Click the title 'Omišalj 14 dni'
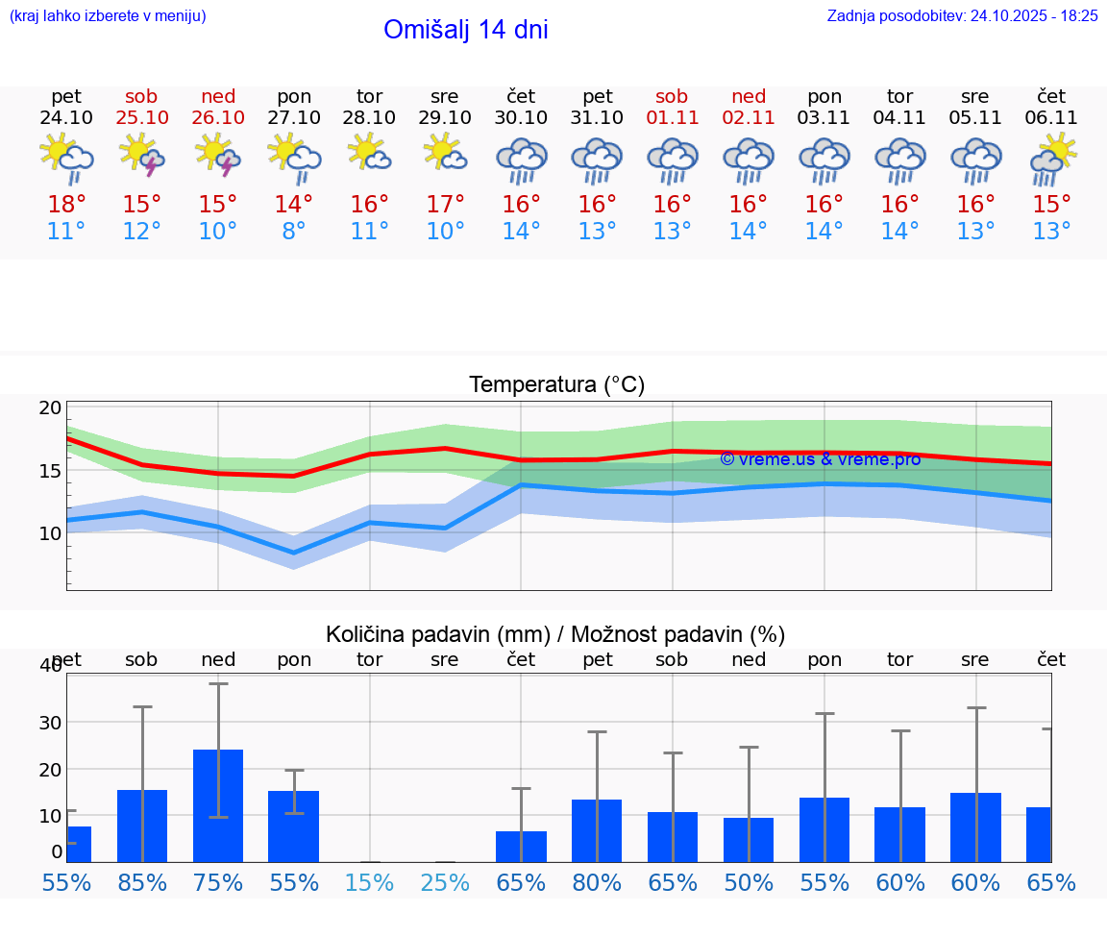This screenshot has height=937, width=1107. (466, 30)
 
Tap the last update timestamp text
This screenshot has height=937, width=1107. (962, 15)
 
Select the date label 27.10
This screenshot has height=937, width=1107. (294, 118)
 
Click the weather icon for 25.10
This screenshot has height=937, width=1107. (141, 156)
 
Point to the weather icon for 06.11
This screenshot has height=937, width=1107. (1052, 159)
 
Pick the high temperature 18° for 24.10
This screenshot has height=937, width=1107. (66, 205)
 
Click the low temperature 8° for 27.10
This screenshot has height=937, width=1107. (294, 232)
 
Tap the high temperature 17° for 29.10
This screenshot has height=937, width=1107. (445, 205)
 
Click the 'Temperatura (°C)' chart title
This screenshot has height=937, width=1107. (556, 385)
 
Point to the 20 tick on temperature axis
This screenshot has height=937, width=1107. (50, 407)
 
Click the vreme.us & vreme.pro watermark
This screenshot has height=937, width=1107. (820, 459)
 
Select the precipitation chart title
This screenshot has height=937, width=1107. (555, 634)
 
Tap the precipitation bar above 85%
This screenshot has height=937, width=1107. (142, 826)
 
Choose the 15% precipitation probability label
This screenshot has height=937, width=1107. (370, 883)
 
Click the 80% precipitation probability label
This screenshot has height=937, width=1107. (597, 883)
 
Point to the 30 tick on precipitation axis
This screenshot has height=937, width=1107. (50, 723)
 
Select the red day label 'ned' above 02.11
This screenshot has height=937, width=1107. (749, 96)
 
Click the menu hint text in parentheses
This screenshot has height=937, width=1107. (108, 15)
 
